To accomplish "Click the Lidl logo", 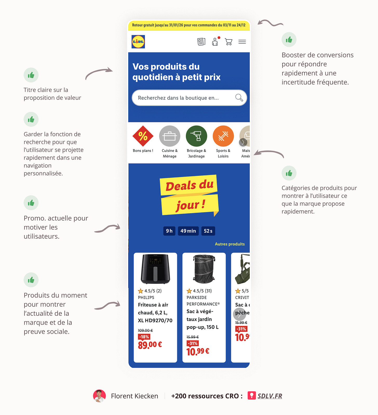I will point(138,42).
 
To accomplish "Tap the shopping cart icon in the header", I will point(228,42).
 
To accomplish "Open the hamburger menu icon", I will point(242,42).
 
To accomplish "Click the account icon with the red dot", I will point(215,42).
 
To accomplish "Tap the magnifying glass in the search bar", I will point(239,98).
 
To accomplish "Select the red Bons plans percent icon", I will point(143,136).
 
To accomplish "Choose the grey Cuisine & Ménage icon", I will point(170,136).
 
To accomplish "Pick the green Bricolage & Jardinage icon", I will point(196,136).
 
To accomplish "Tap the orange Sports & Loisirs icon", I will point(223,136).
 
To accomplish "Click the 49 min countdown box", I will point(188,231).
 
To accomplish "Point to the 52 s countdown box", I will point(208,231).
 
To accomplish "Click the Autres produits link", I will point(230,244).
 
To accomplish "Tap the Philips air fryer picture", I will point(155,269).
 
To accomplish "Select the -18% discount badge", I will point(144,337).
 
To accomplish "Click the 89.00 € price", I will point(150,345).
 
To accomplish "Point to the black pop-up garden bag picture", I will point(204,269).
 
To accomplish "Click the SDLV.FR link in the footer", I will point(269,396).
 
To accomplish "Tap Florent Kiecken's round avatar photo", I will point(99,396).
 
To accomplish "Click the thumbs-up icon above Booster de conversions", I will point(289,39).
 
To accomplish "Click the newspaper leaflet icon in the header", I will point(201,42).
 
